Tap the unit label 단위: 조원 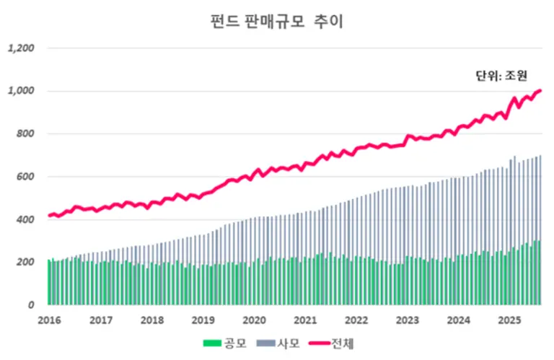click(502, 75)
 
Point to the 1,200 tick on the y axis click(21, 49)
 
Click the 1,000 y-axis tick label click(21, 92)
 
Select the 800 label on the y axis click(26, 134)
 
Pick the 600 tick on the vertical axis click(26, 177)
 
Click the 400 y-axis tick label click(26, 219)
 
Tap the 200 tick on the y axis click(26, 262)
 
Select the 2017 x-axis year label click(101, 320)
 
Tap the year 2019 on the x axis click(203, 320)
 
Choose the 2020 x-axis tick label click(254, 320)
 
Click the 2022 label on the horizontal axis click(356, 320)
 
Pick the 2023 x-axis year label click(408, 320)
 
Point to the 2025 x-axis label click(509, 320)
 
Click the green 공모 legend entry click(226, 344)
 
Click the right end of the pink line click(540, 91)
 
